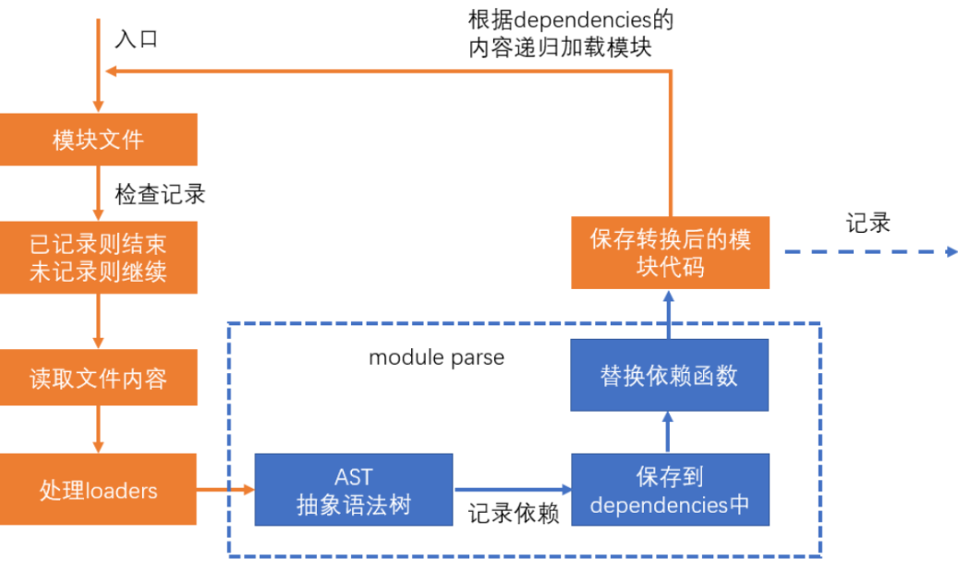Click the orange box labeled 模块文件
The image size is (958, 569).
coord(98,139)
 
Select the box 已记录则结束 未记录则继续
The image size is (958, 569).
coord(98,259)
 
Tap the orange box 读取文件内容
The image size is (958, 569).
coord(98,379)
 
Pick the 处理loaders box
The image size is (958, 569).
coord(98,489)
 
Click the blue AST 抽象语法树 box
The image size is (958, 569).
coord(353,490)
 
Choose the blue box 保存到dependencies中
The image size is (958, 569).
coord(669,490)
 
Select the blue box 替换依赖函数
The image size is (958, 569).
coord(669,375)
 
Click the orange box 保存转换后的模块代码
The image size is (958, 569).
coord(669,252)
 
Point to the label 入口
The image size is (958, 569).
coord(137,39)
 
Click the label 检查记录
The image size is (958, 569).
coord(160,194)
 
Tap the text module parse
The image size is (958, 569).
coord(436,357)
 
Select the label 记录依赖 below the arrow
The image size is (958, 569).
coord(514,514)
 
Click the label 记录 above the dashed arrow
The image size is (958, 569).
coord(867,223)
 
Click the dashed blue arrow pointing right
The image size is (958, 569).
coord(868,251)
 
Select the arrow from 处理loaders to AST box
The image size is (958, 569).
coord(224,490)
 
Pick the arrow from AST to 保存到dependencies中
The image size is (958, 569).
coord(512,490)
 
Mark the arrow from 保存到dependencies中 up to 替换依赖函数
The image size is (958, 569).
coord(669,432)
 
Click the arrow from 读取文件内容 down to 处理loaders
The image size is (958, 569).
coord(98,430)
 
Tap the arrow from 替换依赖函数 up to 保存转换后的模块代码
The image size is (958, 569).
coord(669,313)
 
